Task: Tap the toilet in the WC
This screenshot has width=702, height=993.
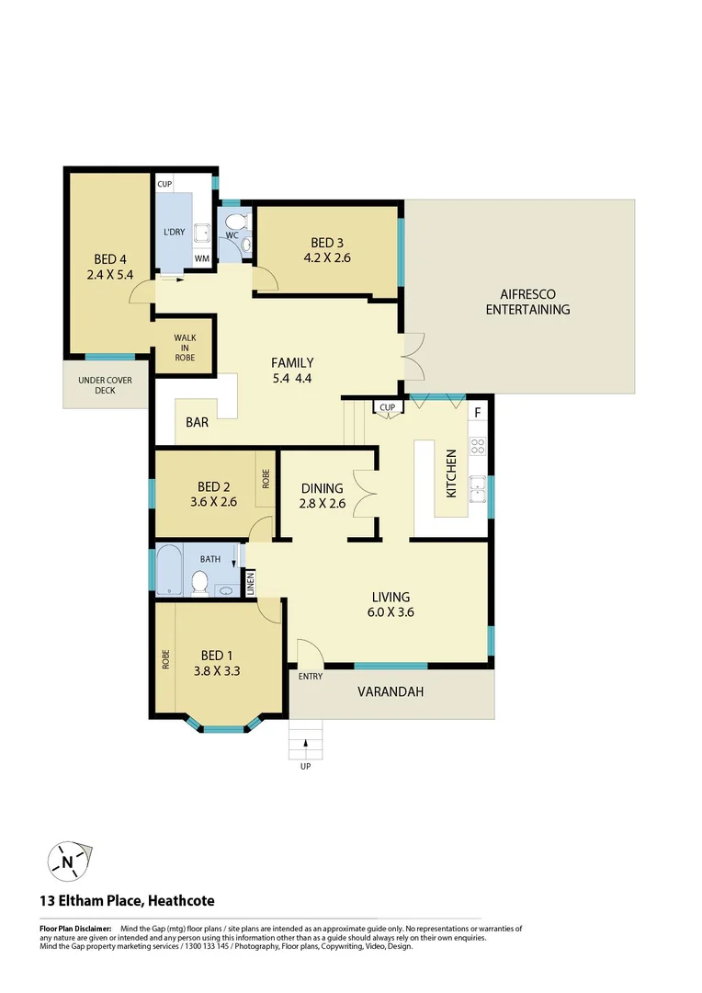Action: click(x=237, y=222)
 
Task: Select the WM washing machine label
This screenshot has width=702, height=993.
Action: click(x=201, y=258)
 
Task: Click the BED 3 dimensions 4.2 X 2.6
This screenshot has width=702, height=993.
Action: click(x=327, y=258)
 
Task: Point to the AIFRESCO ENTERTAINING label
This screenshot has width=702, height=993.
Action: click(x=527, y=302)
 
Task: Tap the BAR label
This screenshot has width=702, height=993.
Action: click(x=197, y=424)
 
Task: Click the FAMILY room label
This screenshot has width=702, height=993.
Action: click(x=292, y=362)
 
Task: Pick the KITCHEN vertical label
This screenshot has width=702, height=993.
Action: click(x=451, y=474)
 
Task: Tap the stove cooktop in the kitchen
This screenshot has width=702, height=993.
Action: click(x=478, y=448)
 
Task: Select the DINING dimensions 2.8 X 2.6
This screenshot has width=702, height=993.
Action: click(x=321, y=503)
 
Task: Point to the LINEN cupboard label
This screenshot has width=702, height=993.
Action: click(x=249, y=582)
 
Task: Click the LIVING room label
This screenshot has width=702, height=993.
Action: click(x=391, y=597)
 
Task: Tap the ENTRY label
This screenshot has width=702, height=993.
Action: click(x=310, y=677)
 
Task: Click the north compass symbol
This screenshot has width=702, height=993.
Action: click(x=67, y=862)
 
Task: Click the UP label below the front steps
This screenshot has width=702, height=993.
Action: click(x=305, y=766)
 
